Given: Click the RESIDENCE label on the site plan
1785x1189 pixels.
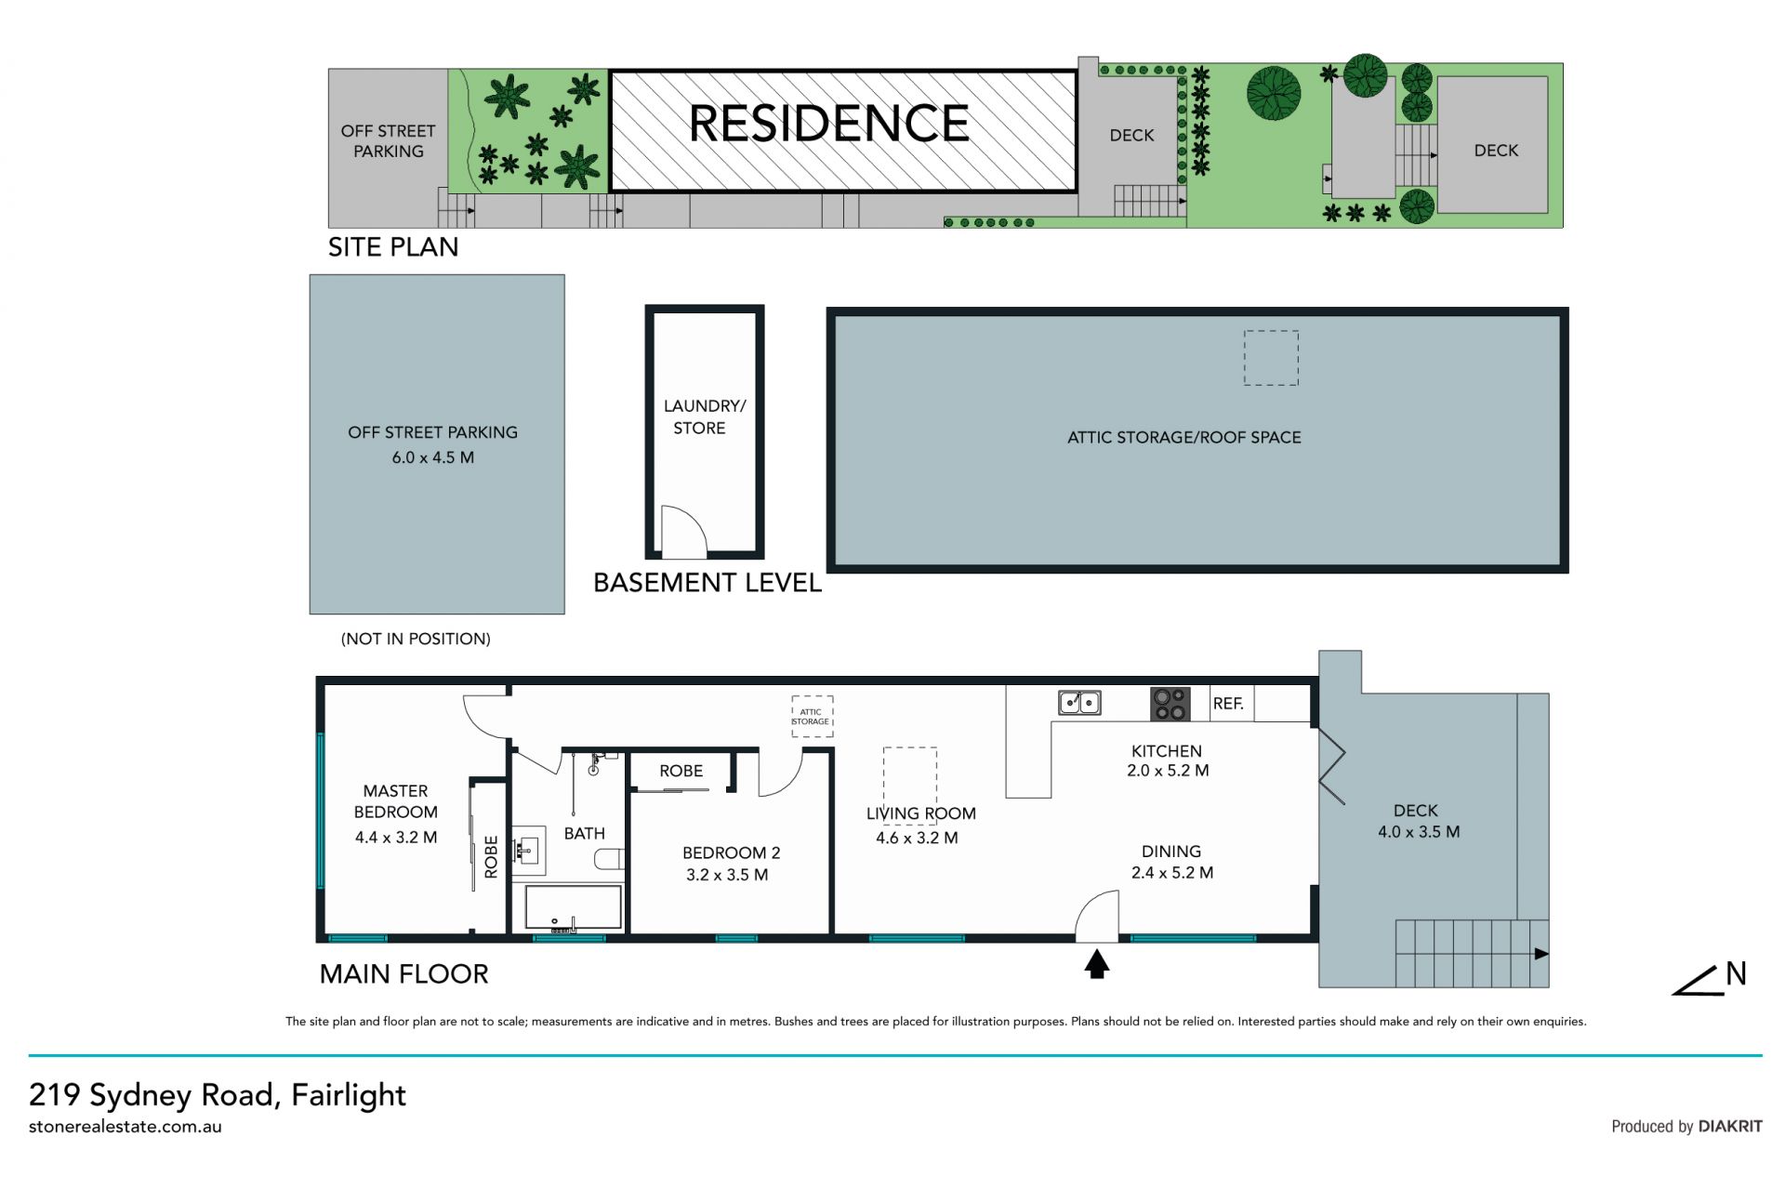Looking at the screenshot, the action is point(828,124).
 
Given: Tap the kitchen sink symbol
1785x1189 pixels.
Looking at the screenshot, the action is point(1079,702).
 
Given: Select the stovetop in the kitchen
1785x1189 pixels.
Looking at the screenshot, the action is point(1170,704).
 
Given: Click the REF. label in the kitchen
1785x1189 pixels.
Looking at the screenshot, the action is point(1228,704).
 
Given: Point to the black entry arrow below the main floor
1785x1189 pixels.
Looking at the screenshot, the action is point(1097,963).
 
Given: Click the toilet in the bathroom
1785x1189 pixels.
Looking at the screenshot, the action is point(611,858).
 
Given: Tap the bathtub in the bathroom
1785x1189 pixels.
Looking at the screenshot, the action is point(573,907).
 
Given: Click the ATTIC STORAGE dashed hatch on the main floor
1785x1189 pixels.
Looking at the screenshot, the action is point(812,717).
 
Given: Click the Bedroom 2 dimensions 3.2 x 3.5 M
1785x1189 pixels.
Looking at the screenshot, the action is point(727,875).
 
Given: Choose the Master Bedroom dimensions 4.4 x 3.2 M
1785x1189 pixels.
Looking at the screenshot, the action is point(396,837).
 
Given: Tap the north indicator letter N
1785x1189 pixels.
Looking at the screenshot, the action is point(1736,973).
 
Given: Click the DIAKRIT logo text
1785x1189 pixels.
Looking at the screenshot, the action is point(1730,1126).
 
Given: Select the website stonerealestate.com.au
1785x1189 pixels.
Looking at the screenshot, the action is point(126,1127).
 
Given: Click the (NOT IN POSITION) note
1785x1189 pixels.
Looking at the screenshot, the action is point(416,639).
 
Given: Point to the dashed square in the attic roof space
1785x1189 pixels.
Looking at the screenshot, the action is point(1271,358).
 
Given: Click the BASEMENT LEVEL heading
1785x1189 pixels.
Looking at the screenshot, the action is point(707,583).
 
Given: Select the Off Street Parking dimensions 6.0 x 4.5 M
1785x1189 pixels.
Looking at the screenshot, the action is point(433,457).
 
